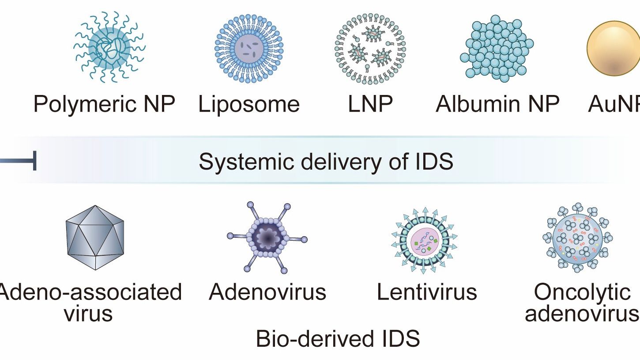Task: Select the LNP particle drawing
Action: click(370, 48)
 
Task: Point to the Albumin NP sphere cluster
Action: click(497, 48)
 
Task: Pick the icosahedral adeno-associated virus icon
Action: click(95, 237)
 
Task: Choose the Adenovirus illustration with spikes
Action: click(267, 238)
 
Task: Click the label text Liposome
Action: click(249, 104)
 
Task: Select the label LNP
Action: click(370, 104)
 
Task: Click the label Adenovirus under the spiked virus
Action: click(267, 292)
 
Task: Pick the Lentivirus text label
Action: click(427, 292)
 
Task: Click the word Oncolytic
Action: click(582, 292)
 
